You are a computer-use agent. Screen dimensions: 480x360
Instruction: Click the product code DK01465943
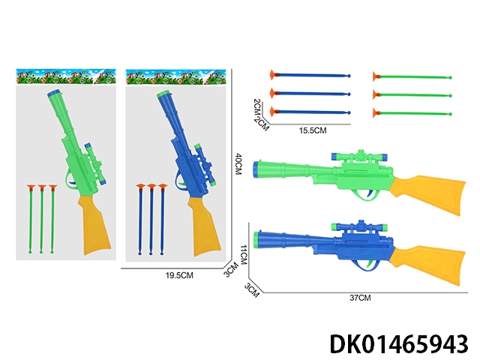point(399,344)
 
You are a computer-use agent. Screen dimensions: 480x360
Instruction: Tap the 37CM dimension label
point(360,298)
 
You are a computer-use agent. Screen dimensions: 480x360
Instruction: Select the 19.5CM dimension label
point(179,275)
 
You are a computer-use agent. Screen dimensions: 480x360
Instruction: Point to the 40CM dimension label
point(238,164)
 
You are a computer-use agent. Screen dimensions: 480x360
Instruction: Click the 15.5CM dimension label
point(313,130)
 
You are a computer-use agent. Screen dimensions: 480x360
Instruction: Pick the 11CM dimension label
point(243,255)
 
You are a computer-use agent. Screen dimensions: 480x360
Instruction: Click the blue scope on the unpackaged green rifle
point(360,157)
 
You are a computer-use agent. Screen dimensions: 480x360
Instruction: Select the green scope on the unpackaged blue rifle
point(360,227)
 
